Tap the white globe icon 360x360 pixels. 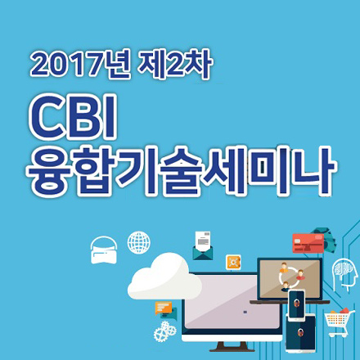(x=138, y=242)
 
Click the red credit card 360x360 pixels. (x=308, y=243)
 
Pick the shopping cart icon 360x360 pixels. (x=336, y=322)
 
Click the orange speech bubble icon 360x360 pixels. (x=166, y=310)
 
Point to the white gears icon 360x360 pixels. (x=165, y=331)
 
